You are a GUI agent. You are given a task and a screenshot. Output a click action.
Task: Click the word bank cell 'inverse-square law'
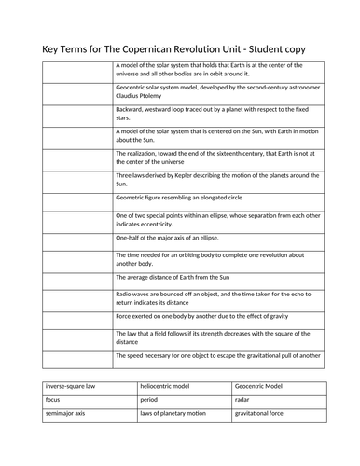click(x=68, y=387)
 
